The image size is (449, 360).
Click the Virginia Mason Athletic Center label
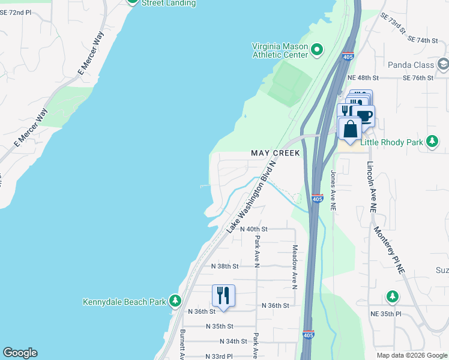(x=280, y=50)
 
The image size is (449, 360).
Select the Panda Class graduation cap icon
(x=443, y=64)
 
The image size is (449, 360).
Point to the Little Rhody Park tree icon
(x=432, y=142)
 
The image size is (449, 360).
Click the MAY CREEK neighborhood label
(x=275, y=154)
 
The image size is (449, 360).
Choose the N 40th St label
(x=253, y=229)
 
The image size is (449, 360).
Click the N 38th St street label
(x=225, y=266)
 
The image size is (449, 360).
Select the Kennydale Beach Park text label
(x=124, y=302)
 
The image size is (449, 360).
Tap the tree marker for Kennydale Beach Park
(x=175, y=301)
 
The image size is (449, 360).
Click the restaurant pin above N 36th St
(x=223, y=296)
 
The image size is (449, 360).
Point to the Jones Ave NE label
(x=333, y=190)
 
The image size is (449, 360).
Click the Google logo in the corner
(x=20, y=353)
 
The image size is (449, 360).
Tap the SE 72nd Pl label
(x=15, y=12)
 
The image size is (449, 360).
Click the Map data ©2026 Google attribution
(x=411, y=355)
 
